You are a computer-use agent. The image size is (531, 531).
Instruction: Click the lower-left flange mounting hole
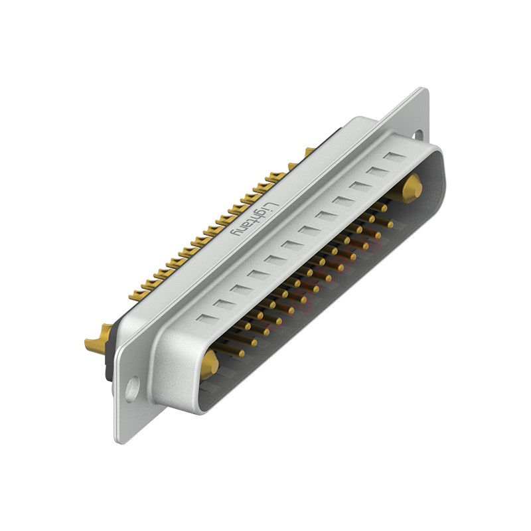[133, 388]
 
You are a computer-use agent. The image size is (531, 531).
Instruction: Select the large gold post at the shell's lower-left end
[210, 362]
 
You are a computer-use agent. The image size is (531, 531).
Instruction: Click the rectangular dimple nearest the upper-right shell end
[394, 157]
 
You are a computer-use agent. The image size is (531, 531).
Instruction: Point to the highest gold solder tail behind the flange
[309, 152]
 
